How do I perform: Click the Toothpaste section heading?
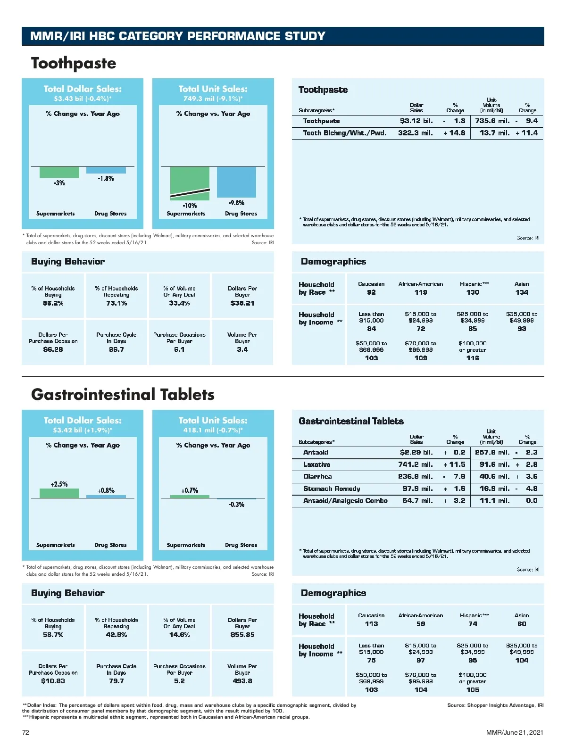click(74, 63)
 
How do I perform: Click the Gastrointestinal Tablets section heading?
click(123, 395)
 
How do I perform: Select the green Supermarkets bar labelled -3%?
click(59, 172)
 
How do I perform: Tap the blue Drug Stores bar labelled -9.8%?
click(236, 182)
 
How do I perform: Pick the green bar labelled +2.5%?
click(59, 493)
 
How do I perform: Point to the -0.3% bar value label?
click(236, 505)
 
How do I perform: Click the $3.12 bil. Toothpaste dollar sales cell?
click(416, 121)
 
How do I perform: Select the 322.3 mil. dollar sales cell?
click(415, 133)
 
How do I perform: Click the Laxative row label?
click(316, 464)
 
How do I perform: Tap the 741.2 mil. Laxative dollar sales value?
click(415, 464)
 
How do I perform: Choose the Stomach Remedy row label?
click(332, 489)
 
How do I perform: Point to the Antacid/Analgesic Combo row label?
click(345, 501)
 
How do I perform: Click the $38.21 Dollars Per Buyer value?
click(242, 303)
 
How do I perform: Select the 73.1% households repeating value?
click(117, 303)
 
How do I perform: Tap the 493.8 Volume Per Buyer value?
click(242, 681)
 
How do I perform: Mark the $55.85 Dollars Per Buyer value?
click(242, 635)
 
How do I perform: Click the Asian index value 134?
click(522, 292)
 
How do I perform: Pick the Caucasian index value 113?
click(371, 624)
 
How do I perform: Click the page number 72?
click(26, 732)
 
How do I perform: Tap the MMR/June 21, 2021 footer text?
click(515, 732)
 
